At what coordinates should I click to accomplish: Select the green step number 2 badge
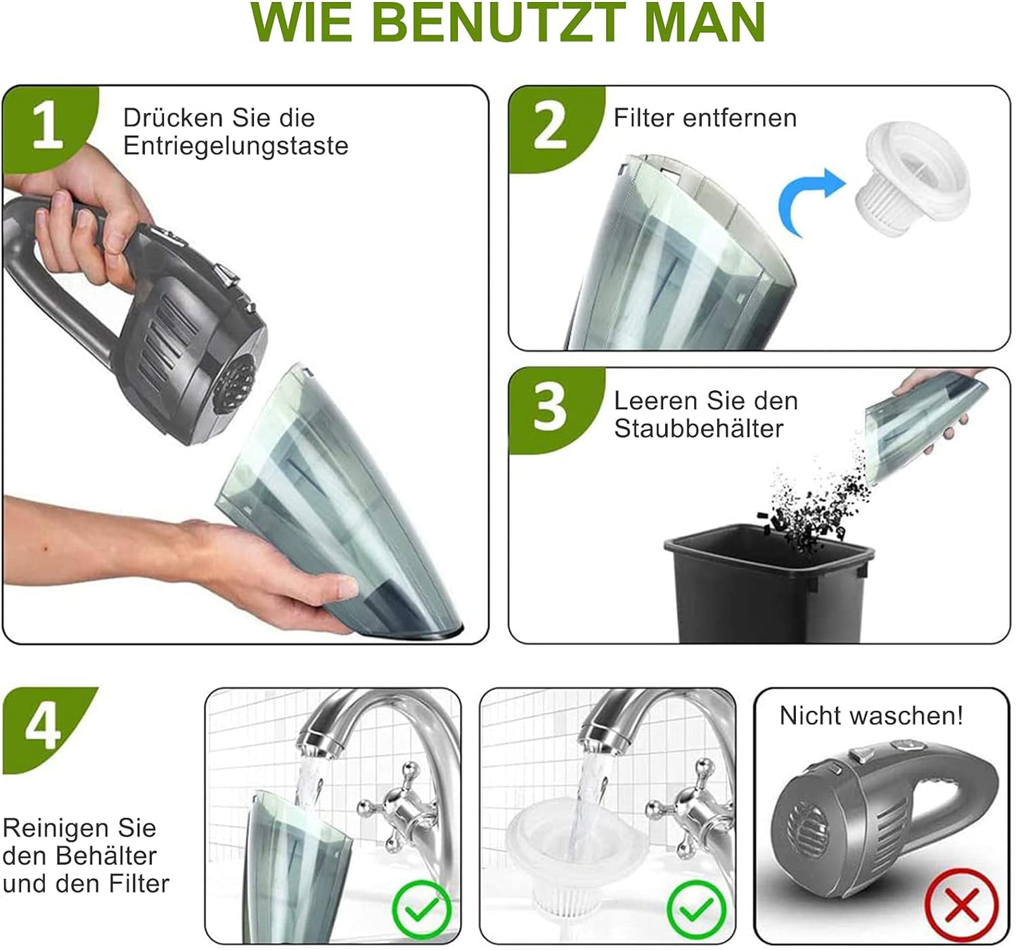coord(550,127)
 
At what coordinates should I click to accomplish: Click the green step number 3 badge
coord(550,408)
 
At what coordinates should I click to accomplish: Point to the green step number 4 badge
coord(44,728)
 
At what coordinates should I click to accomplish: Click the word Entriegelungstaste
coord(236,146)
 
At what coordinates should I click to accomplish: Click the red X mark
coord(961,904)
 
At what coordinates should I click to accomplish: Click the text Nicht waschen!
coord(871,716)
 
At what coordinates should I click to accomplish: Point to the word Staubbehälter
coord(698,428)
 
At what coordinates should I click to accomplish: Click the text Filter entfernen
coord(705,117)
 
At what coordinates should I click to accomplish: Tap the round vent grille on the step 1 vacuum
coord(235,384)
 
